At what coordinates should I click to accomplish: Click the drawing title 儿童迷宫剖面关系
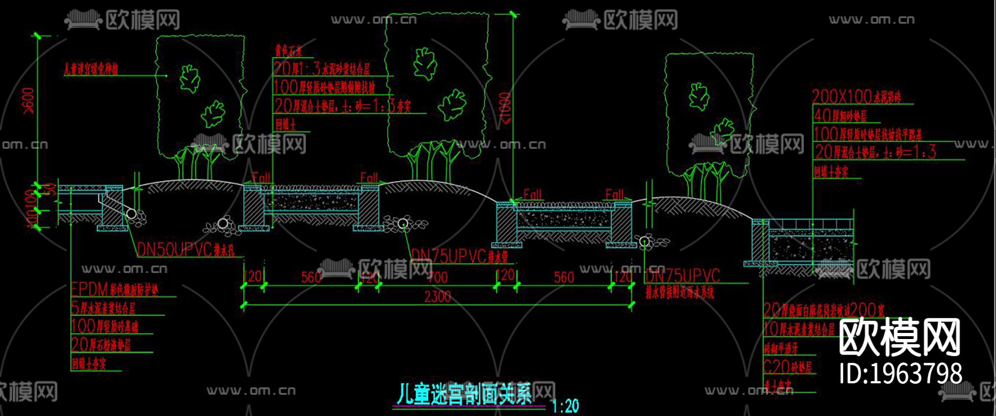(x=464, y=394)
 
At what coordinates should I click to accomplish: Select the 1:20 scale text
(x=566, y=406)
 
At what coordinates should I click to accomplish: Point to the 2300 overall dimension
(x=437, y=297)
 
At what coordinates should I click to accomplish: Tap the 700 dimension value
(x=437, y=276)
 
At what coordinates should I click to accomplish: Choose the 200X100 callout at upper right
(x=857, y=96)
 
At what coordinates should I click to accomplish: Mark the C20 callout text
(x=787, y=367)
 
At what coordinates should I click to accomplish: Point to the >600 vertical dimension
(x=28, y=100)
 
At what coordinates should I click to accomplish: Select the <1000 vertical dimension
(x=505, y=109)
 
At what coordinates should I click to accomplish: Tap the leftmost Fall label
(x=261, y=177)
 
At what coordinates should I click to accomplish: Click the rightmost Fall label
(x=614, y=194)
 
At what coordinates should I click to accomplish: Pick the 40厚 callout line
(x=839, y=115)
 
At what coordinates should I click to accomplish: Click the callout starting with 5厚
(x=103, y=307)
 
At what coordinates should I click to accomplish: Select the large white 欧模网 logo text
(x=899, y=337)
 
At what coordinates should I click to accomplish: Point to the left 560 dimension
(x=311, y=276)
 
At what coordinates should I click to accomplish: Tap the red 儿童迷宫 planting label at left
(x=91, y=69)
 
